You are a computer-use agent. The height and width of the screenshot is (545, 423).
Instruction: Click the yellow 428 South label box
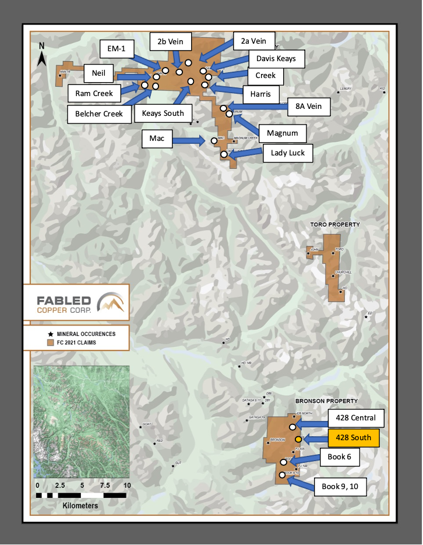(354, 438)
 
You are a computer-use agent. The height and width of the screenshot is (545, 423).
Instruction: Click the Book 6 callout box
(339, 457)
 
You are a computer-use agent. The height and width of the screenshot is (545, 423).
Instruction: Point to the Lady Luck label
(288, 153)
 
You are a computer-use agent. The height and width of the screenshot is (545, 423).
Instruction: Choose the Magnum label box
(282, 133)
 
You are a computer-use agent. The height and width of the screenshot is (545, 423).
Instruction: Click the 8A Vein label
(308, 107)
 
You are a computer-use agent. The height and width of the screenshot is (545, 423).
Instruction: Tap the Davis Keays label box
(276, 58)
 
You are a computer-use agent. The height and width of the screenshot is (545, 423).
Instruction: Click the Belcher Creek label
(99, 114)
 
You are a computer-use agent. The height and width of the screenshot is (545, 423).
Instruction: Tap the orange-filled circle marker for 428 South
(298, 439)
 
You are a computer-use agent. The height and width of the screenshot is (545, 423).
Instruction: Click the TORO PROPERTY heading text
(335, 224)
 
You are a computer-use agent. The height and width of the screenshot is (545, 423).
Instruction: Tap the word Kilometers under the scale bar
(80, 506)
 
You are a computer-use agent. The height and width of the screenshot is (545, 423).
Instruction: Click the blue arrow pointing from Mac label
(186, 140)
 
